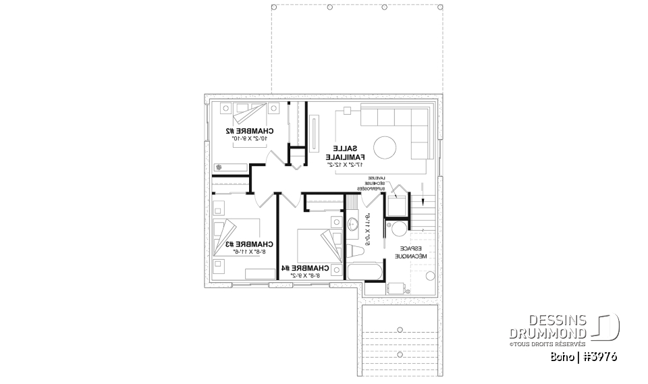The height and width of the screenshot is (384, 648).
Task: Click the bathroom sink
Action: (x=354, y=225)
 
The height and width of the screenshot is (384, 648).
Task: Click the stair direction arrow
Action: (x=423, y=200)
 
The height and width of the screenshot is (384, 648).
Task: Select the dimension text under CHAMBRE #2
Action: (x=250, y=138)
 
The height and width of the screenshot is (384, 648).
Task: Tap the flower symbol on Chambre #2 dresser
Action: (x=218, y=166)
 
